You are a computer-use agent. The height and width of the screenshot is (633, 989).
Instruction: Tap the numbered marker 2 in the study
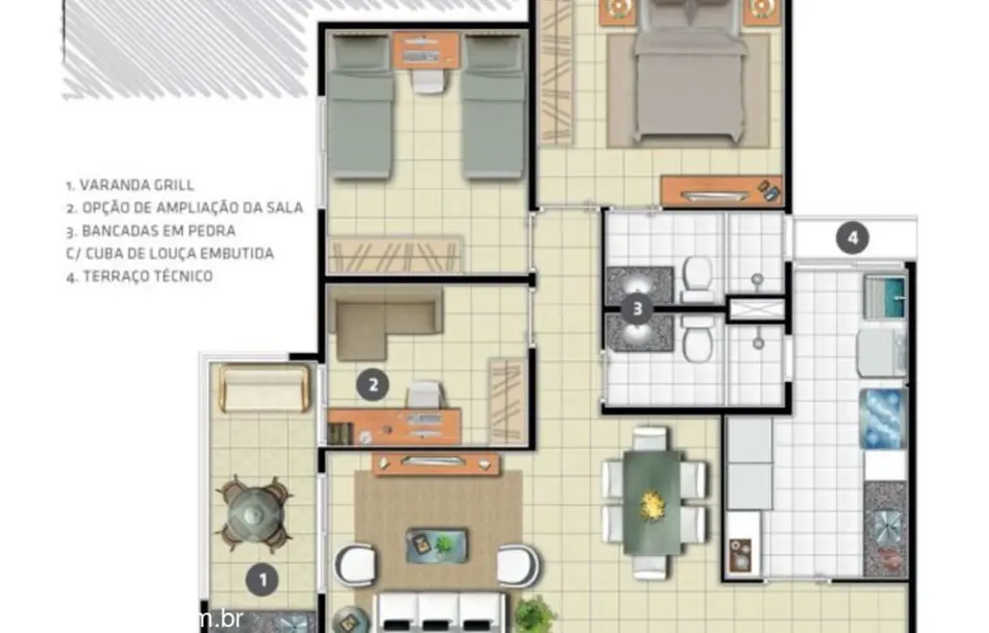click(x=369, y=386)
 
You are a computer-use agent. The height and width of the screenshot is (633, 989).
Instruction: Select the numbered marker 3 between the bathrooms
click(x=637, y=310)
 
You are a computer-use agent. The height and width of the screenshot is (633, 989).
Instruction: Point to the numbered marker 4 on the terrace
click(x=853, y=237)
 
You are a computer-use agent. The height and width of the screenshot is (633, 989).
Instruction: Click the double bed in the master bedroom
click(x=690, y=78)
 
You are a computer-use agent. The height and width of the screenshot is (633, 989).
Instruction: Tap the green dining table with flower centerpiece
click(x=652, y=502)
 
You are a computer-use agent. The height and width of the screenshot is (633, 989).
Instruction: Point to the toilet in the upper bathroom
click(x=697, y=278)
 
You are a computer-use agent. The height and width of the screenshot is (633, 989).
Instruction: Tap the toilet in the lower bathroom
click(x=697, y=339)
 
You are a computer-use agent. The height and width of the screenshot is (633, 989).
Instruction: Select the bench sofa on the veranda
click(x=261, y=388)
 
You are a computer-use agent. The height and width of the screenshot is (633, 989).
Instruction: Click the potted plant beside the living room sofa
click(x=533, y=614)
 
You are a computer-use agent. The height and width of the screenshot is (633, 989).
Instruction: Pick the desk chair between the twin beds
click(x=427, y=79)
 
